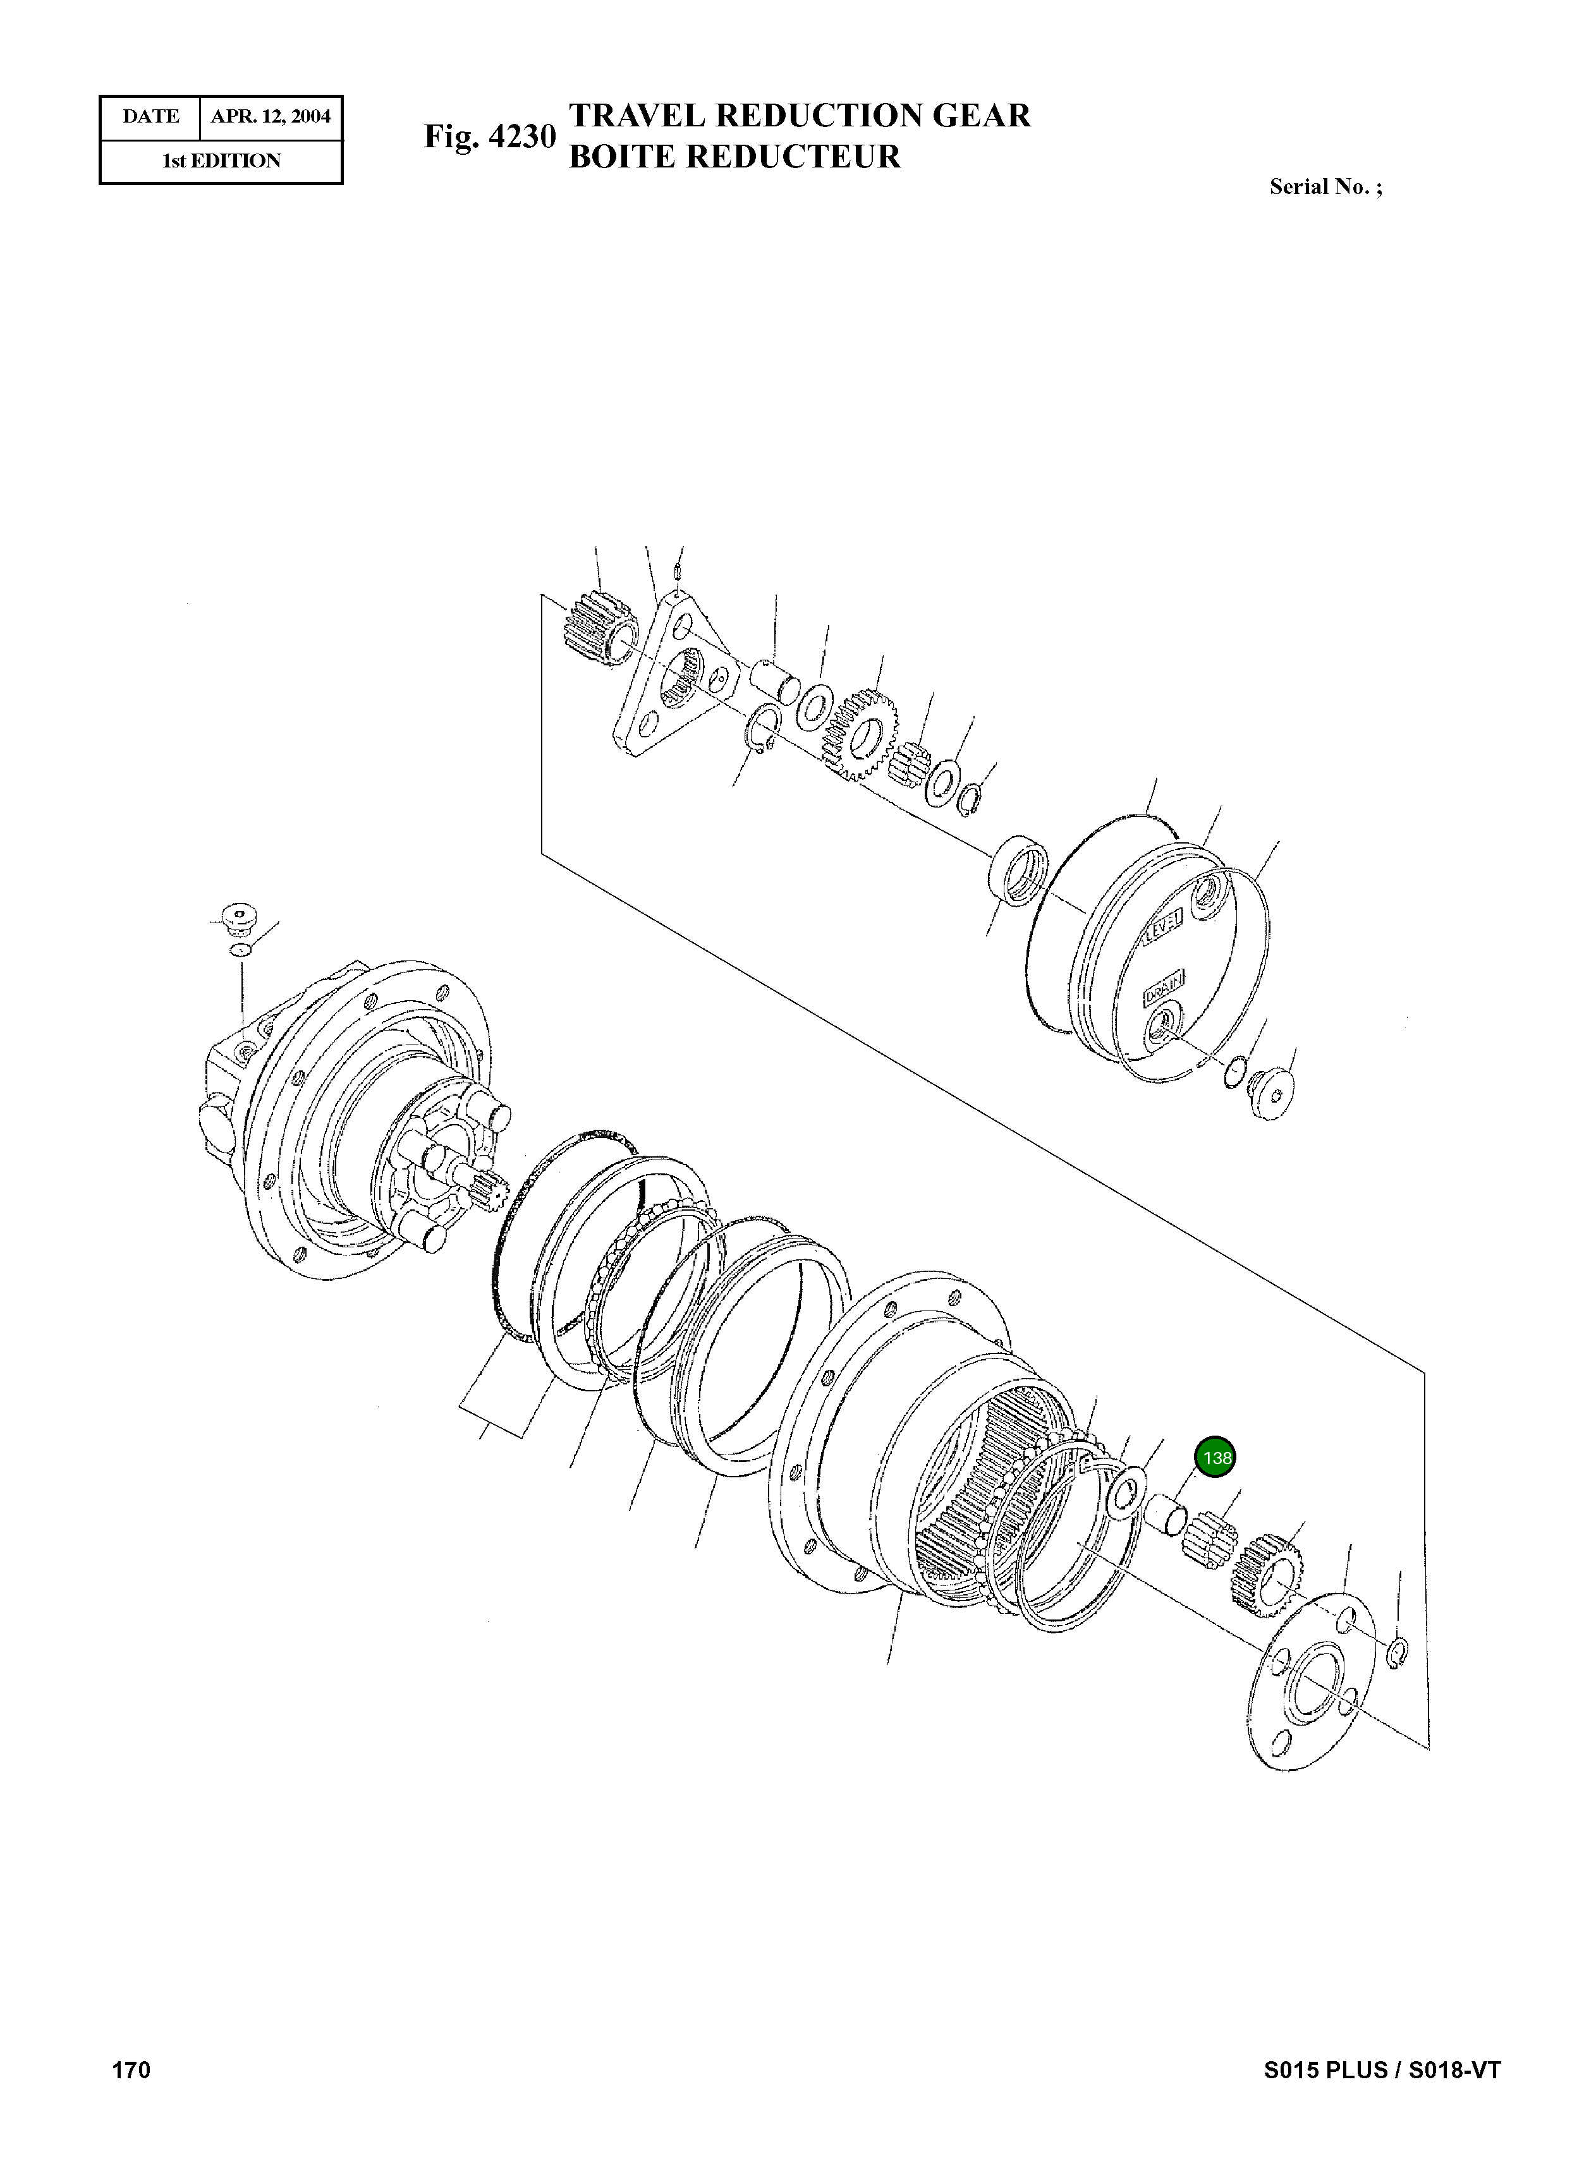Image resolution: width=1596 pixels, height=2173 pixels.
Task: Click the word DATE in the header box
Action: click(x=150, y=117)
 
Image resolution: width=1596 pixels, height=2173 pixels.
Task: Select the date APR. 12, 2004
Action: click(x=271, y=117)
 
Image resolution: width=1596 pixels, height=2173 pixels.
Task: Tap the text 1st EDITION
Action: click(x=221, y=161)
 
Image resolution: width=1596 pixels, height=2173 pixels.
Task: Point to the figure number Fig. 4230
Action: click(x=490, y=137)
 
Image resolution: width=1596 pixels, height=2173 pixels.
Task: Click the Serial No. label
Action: click(x=1325, y=188)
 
